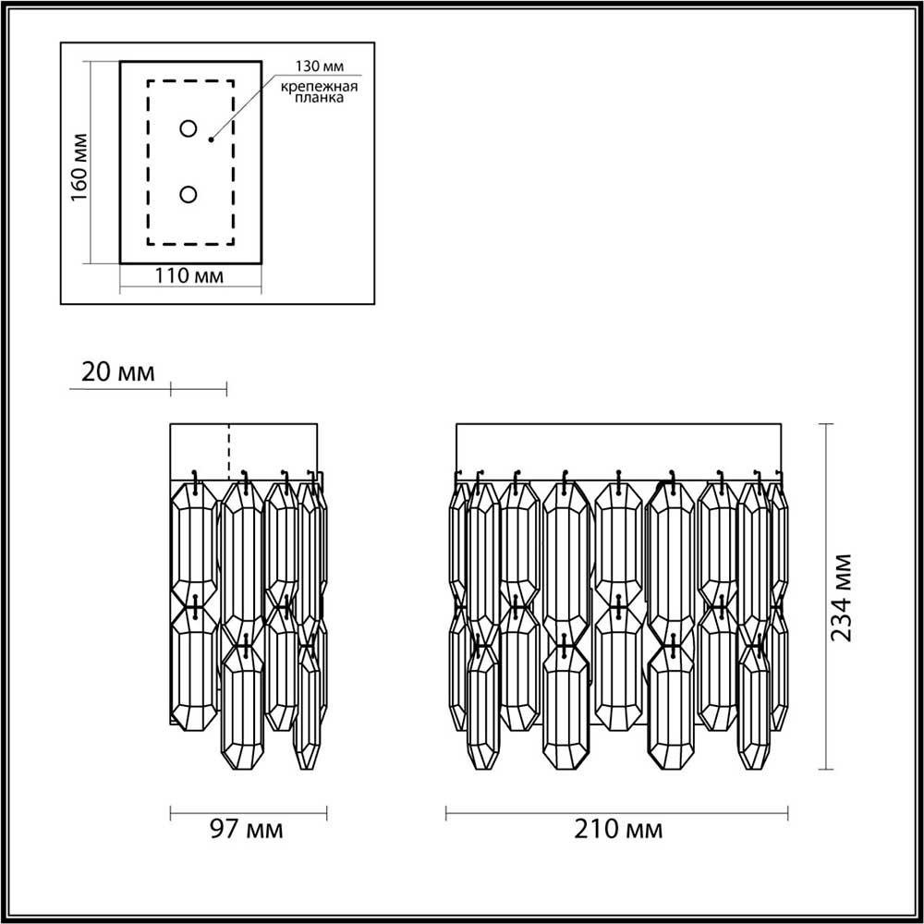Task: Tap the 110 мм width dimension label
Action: pyautogui.click(x=190, y=275)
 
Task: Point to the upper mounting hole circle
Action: pyautogui.click(x=188, y=128)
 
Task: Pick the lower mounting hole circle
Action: pyautogui.click(x=188, y=194)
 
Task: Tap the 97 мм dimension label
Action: pyautogui.click(x=247, y=829)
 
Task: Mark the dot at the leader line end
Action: pyautogui.click(x=212, y=140)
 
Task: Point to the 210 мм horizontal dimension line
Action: pyautogui.click(x=617, y=813)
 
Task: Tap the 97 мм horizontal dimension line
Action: pyautogui.click(x=249, y=813)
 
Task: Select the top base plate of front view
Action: pyautogui.click(x=618, y=451)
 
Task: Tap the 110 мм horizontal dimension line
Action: pyautogui.click(x=190, y=289)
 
